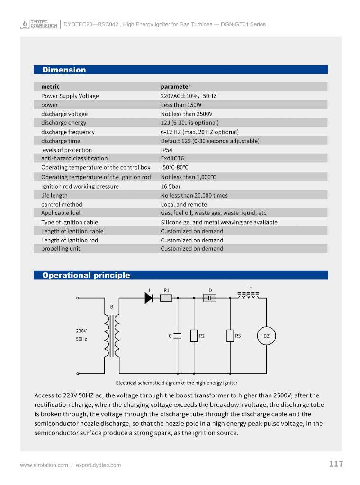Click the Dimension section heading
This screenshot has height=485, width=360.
pos(64,70)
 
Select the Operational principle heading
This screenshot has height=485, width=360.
pos(86,275)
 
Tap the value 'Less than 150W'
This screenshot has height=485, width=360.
pos(181,105)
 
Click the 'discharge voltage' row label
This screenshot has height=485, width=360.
pos(64,114)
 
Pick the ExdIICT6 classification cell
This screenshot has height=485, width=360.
pos(172,158)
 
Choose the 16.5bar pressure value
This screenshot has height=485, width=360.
pos(171,186)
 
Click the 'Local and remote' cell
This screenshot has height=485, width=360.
pos(184,204)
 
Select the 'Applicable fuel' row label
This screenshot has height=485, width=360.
pos(61,213)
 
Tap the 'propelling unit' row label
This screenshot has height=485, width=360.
pos(61,249)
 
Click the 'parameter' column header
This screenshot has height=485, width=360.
pos(175,87)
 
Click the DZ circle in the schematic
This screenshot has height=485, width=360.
pos(266,336)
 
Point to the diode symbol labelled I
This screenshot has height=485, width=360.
pos(149,298)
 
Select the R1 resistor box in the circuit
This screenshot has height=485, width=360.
pos(166,298)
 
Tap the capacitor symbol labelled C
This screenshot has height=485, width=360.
pos(178,336)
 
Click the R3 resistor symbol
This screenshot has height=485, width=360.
pos(230,336)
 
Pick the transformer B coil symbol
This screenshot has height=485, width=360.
pos(112,336)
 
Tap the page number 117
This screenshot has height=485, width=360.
pos(336,464)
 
